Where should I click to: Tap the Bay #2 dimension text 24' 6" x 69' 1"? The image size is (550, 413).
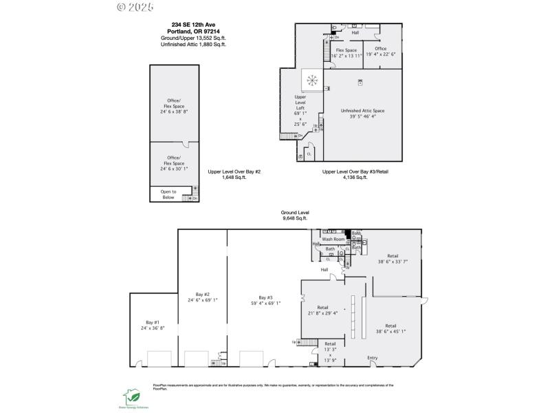pos(202,300)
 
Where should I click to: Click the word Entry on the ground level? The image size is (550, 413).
pos(373,357)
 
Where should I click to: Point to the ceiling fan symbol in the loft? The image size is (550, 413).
pos(313,81)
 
